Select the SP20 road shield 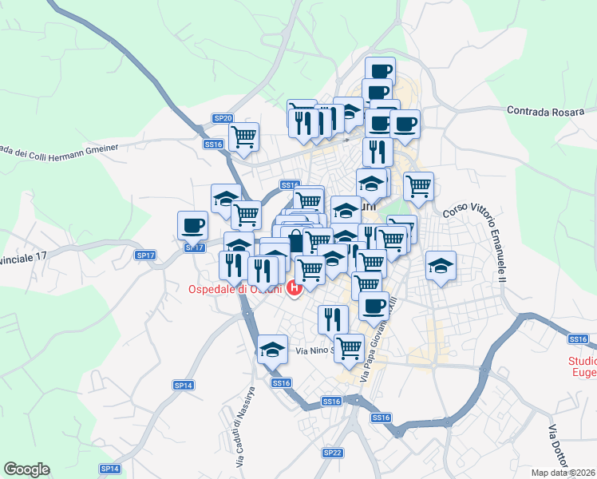click(223, 118)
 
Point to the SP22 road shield click(332, 452)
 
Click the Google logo click(26, 469)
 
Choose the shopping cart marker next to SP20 click(243, 136)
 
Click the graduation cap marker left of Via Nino click(272, 348)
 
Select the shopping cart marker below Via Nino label click(349, 347)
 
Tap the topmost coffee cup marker click(380, 70)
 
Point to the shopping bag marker click(296, 240)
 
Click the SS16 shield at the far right click(578, 339)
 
